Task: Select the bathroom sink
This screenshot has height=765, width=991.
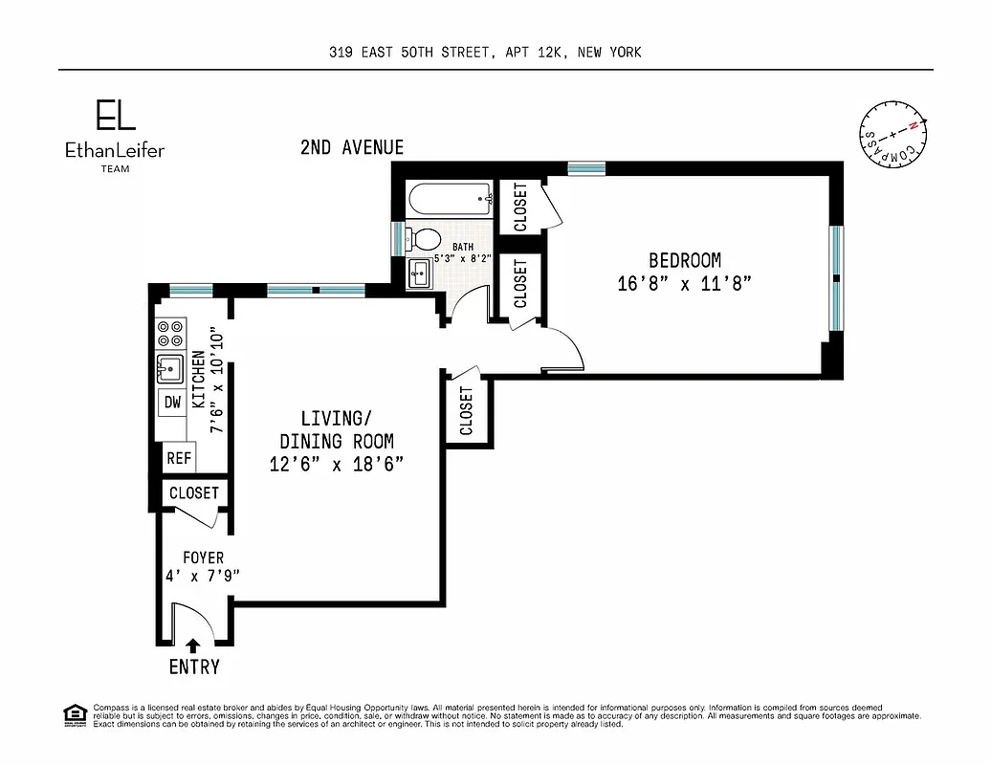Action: coord(419,274)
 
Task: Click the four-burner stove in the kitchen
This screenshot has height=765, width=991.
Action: coord(171,333)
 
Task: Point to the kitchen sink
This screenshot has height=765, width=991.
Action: coord(170,368)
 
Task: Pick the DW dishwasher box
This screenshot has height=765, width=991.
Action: coord(172,403)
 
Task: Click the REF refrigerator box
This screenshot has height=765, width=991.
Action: coord(179,458)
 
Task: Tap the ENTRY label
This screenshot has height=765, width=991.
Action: coord(194,667)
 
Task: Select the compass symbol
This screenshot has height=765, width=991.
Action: coord(892,134)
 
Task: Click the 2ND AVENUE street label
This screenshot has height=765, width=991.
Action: coord(352,147)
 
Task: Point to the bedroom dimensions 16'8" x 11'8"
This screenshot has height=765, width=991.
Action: coord(685,283)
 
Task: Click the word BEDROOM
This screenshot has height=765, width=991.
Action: coord(685,260)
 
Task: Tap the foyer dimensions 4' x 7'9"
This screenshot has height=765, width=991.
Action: coord(202,576)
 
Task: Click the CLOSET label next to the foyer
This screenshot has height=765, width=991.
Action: coord(194,493)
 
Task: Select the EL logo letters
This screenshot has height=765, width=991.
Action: coord(115,116)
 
